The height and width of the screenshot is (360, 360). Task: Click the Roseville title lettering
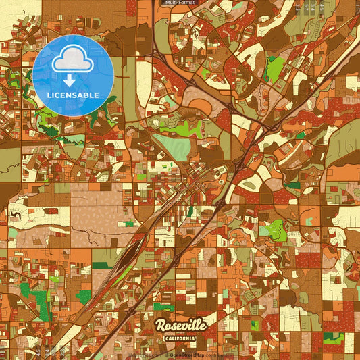180,326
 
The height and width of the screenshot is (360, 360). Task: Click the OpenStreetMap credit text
187,355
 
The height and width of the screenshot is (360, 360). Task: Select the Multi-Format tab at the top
179,3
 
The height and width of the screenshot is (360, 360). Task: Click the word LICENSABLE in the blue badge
73,95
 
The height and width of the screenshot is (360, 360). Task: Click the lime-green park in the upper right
275,68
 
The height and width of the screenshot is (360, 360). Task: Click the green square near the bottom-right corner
330,338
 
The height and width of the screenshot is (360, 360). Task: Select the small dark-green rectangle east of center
292,185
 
